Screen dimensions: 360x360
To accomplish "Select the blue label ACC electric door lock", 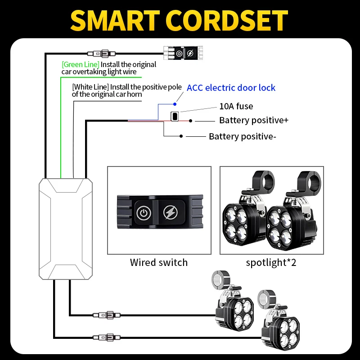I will coord(231,88).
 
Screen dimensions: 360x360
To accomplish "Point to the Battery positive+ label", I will coord(253,121).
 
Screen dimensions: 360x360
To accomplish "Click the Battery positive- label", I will coord(242,136).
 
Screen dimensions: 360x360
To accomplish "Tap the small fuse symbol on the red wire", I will coord(174,116).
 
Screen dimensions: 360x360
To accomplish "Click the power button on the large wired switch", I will coord(143,212).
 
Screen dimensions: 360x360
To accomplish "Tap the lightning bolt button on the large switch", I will coord(171,212).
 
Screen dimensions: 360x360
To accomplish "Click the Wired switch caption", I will coord(159,262).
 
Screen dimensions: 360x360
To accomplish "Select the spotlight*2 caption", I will coord(271,262).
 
